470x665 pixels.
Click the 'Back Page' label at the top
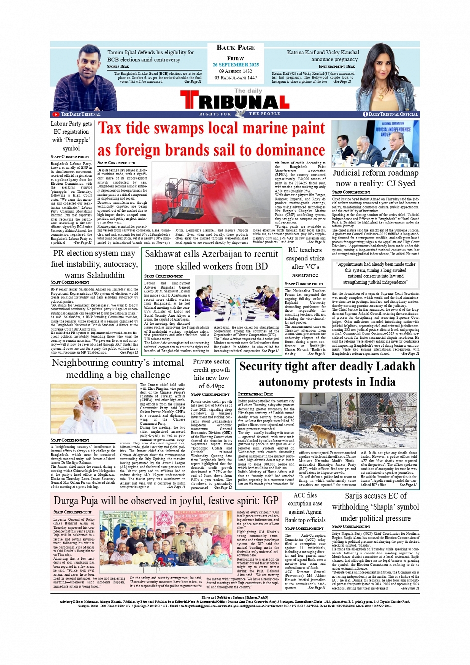point(235,48)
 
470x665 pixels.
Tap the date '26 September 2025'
point(236,65)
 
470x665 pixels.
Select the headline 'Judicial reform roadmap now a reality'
point(376,178)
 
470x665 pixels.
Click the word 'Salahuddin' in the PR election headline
point(94,275)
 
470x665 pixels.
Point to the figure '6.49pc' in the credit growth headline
point(211,386)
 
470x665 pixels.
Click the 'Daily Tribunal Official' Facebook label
point(393,114)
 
